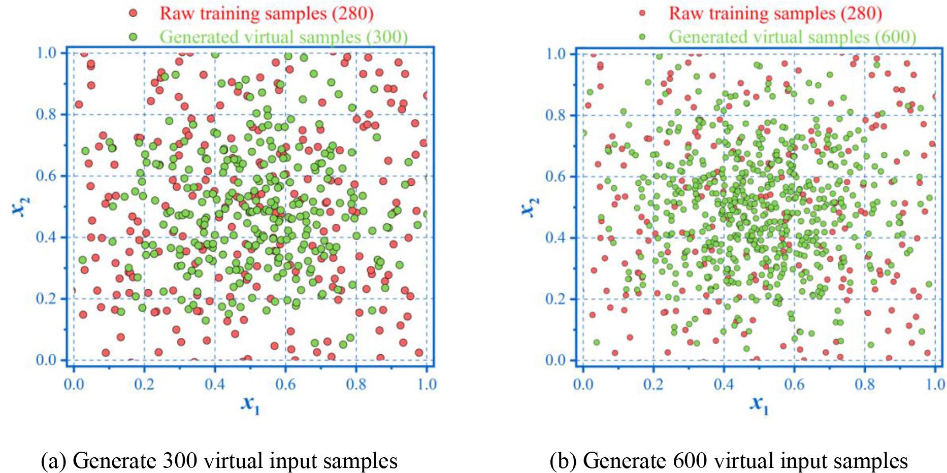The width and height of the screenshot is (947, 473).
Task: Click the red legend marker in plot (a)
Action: click(x=133, y=13)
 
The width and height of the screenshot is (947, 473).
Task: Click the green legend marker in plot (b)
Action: click(x=642, y=37)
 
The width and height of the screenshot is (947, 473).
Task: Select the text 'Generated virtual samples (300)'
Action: click(x=283, y=37)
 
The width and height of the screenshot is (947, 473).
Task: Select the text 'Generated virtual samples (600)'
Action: click(x=792, y=37)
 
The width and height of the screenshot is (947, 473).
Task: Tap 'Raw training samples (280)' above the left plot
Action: click(x=267, y=13)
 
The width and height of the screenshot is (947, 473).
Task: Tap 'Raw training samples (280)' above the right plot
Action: click(x=775, y=13)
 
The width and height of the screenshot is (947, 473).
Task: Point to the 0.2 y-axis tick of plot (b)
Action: click(x=556, y=299)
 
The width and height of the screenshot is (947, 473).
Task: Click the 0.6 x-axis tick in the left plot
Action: click(x=285, y=384)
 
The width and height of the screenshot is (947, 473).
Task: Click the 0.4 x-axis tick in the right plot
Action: click(x=724, y=384)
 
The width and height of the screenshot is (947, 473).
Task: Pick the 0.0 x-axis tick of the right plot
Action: click(x=583, y=384)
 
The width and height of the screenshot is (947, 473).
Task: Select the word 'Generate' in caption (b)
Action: click(x=624, y=461)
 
